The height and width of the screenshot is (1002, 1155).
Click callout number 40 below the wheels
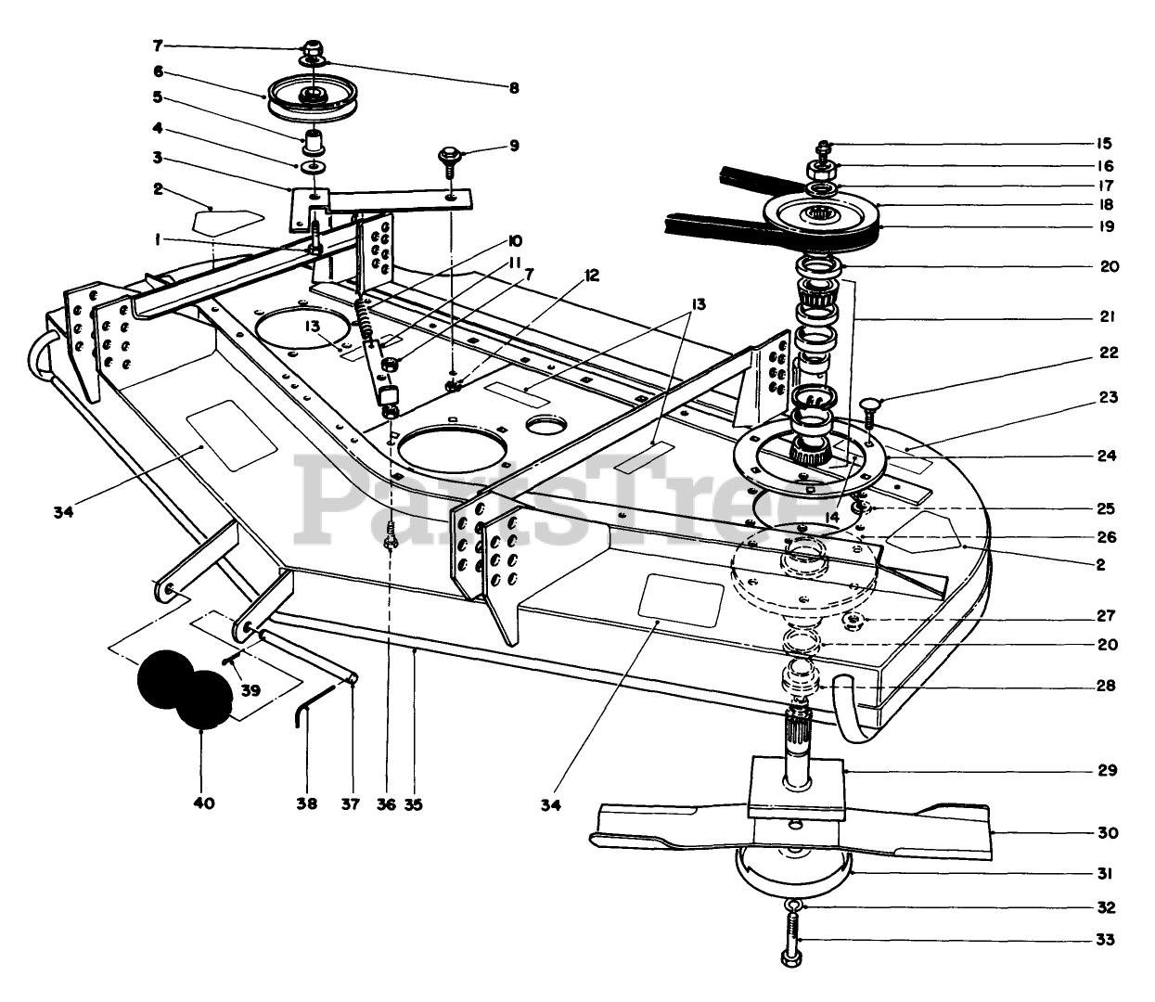203,803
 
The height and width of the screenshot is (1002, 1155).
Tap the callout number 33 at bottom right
1105,940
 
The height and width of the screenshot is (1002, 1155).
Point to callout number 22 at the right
1110,353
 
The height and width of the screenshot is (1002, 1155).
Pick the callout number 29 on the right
1106,770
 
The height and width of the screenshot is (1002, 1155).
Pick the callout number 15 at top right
1103,144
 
